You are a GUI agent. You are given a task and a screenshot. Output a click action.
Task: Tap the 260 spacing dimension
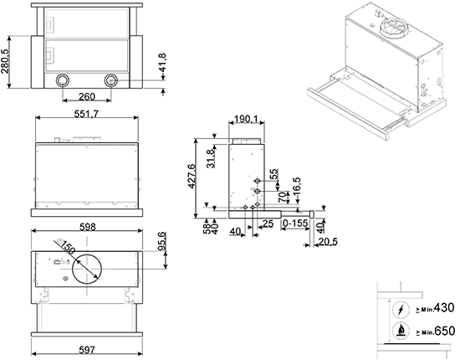click(x=87, y=96)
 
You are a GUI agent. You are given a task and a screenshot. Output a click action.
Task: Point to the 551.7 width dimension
click(x=86, y=114)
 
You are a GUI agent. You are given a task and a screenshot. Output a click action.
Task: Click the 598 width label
click(x=88, y=227)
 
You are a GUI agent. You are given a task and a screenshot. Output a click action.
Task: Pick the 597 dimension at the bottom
click(x=87, y=350)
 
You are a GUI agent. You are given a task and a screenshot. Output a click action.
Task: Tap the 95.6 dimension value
click(x=162, y=241)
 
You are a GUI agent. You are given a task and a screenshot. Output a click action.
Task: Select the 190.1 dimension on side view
click(x=246, y=119)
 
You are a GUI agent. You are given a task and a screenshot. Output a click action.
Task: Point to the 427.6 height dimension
click(x=192, y=176)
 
